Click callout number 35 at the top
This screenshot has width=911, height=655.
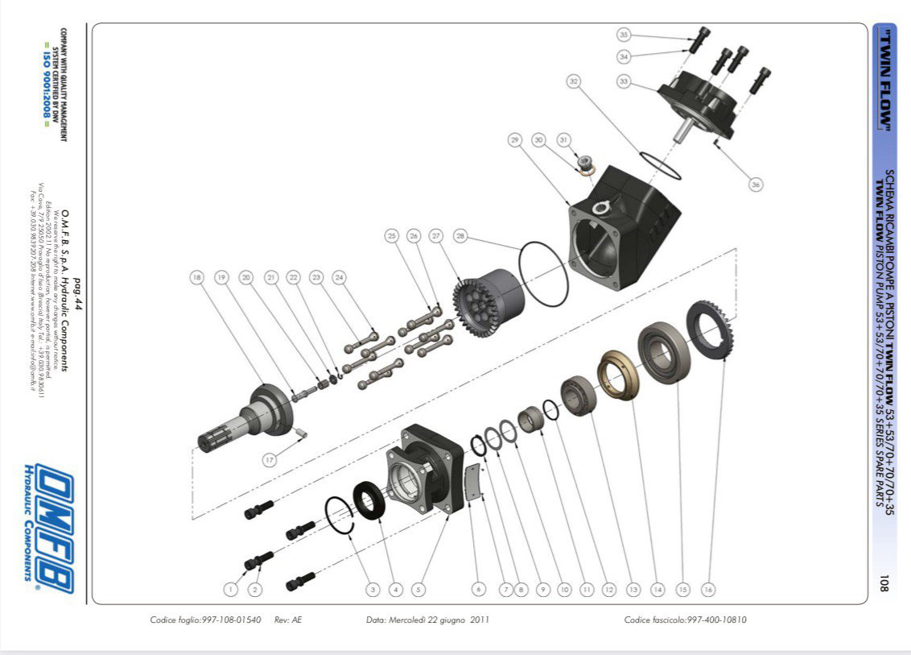(624, 35)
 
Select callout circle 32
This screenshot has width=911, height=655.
(573, 81)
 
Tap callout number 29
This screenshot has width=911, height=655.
(515, 140)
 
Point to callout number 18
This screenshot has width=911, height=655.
(196, 277)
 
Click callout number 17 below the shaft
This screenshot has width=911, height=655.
(270, 459)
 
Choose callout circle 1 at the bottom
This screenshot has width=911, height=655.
(231, 590)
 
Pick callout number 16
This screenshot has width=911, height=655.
(708, 590)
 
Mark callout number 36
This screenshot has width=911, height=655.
(755, 184)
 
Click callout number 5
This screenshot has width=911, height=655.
(418, 590)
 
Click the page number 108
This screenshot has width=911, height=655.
(883, 582)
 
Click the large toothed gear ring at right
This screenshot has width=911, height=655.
(712, 330)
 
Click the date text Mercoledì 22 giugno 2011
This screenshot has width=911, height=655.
(427, 620)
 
